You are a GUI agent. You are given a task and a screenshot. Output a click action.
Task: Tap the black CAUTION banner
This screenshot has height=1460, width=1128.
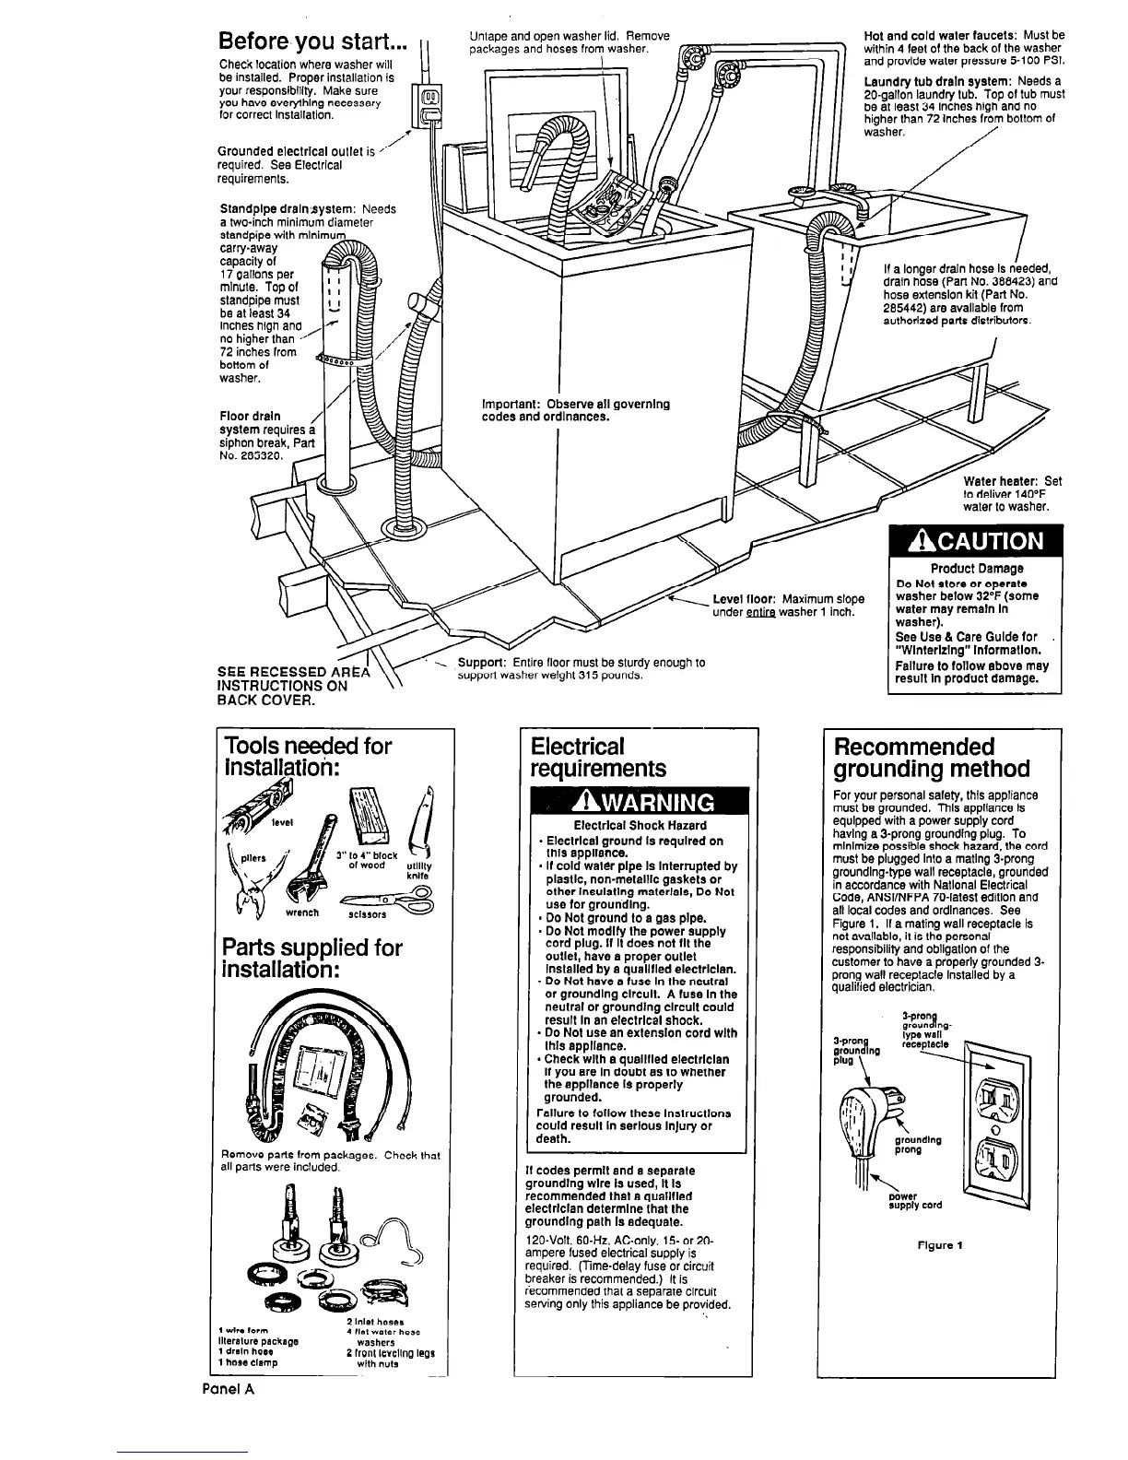click(x=976, y=541)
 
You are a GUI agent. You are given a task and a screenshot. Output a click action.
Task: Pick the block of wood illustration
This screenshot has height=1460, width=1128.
click(x=372, y=818)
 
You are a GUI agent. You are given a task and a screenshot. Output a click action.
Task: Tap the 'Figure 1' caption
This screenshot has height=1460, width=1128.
click(x=941, y=1245)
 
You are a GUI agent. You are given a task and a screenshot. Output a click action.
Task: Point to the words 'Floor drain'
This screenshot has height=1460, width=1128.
click(x=250, y=416)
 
